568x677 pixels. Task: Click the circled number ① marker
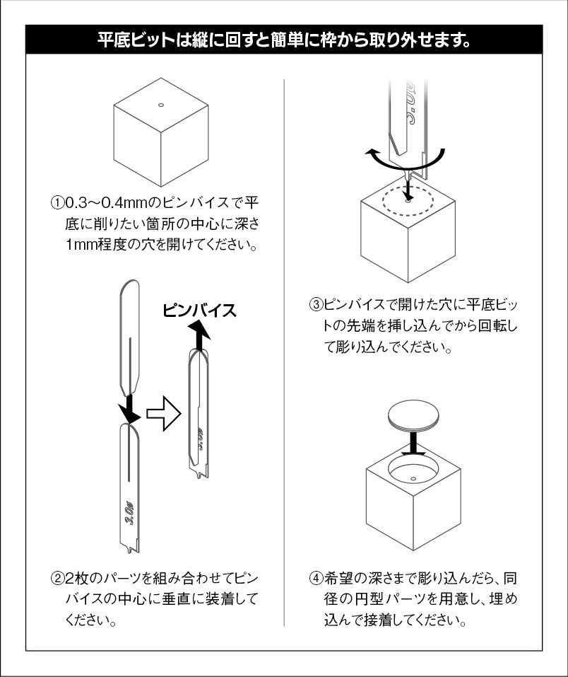[x=57, y=203]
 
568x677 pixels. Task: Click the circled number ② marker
[x=57, y=579]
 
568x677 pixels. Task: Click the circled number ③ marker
[x=316, y=306]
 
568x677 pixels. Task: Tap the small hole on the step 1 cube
[x=161, y=105]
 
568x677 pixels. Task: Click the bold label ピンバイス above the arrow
[x=200, y=311]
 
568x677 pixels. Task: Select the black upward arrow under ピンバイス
[x=200, y=335]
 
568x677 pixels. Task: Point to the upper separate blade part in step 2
[x=129, y=336]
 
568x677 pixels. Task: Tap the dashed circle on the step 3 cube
[x=408, y=201]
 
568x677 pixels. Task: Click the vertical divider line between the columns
[x=284, y=354]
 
